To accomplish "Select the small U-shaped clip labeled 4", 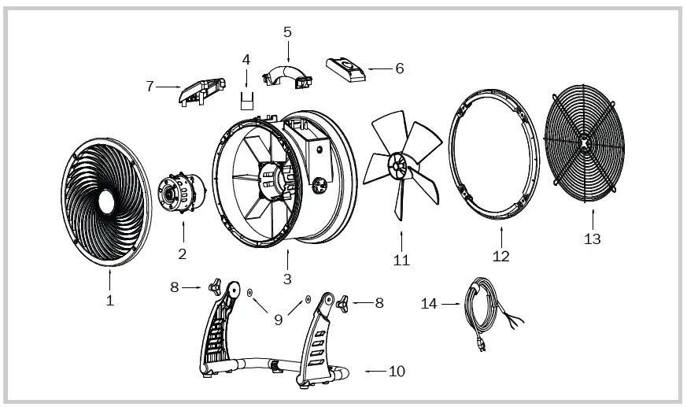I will [247, 100].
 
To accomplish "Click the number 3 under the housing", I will [287, 279].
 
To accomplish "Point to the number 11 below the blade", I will [401, 261].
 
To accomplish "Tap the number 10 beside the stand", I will [397, 371].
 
